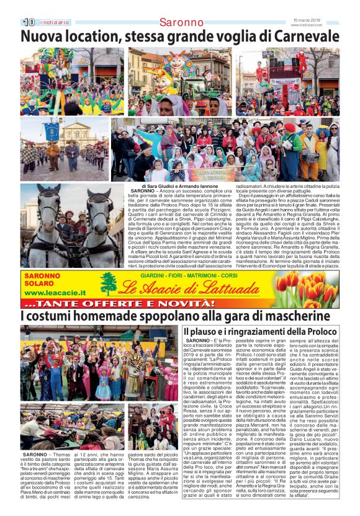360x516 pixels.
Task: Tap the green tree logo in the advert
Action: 109,284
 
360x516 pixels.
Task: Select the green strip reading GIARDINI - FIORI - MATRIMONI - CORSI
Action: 189,275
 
